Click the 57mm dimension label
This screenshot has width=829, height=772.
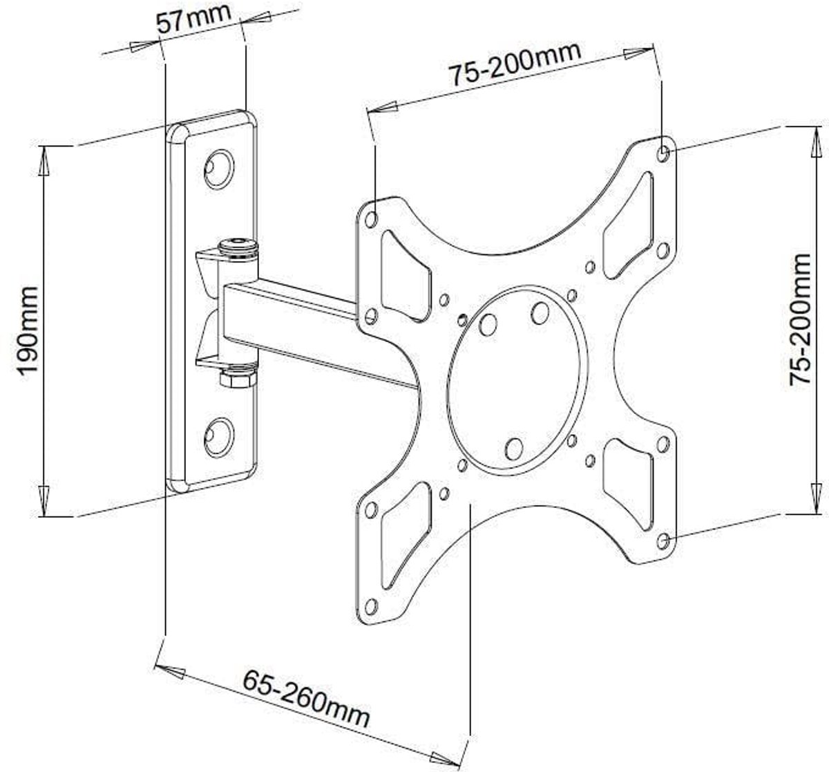tap(193, 19)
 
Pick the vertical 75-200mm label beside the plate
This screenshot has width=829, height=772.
tap(799, 319)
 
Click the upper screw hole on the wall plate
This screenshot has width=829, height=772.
tap(219, 169)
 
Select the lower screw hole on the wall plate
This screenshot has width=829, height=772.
tap(219, 437)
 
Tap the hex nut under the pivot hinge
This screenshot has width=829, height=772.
tap(237, 379)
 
